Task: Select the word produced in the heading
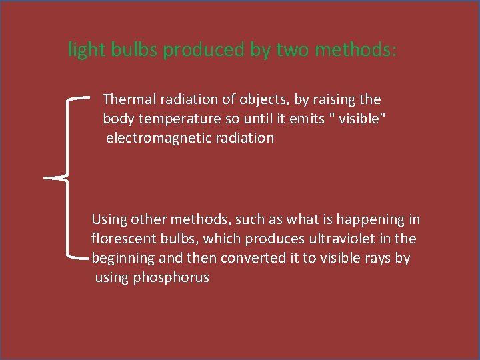point(204,51)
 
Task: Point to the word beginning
point(121,258)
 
